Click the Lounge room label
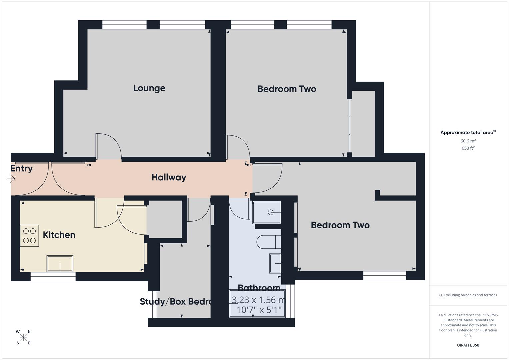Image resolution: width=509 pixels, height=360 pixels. pyautogui.click(x=149, y=88)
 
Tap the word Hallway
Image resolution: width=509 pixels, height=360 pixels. pyautogui.click(x=169, y=177)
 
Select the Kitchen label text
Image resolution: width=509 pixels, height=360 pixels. pyautogui.click(x=59, y=235)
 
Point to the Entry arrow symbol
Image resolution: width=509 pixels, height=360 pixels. pyautogui.click(x=11, y=179)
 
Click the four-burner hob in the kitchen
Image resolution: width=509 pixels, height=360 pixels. pyautogui.click(x=29, y=236)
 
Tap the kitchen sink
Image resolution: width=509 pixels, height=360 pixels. pyautogui.click(x=60, y=264)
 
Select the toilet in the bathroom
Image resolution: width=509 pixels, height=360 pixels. pyautogui.click(x=269, y=242)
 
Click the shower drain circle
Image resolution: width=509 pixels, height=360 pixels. pyautogui.click(x=271, y=212)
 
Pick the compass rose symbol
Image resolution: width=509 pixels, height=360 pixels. pyautogui.click(x=23, y=337)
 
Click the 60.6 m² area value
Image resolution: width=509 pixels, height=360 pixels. pyautogui.click(x=468, y=141)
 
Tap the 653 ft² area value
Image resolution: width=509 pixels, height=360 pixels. pyautogui.click(x=468, y=148)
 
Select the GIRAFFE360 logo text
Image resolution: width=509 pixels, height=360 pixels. pyautogui.click(x=468, y=345)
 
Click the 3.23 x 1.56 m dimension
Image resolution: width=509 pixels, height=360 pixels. pyautogui.click(x=259, y=300)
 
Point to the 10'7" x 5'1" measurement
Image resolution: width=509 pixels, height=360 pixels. pyautogui.click(x=259, y=310)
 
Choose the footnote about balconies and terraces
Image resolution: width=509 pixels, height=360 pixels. pyautogui.click(x=468, y=295)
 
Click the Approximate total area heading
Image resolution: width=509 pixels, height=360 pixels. pyautogui.click(x=467, y=133)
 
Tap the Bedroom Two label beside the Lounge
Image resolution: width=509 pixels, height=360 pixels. pyautogui.click(x=287, y=89)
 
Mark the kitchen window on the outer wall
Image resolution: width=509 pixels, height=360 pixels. pyautogui.click(x=53, y=276)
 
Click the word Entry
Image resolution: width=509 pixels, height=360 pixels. pyautogui.click(x=21, y=169)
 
